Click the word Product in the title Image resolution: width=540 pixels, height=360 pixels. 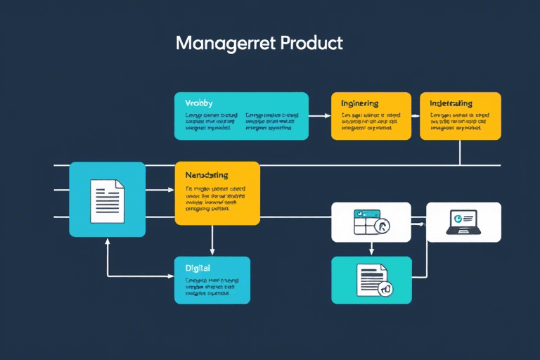(x=311, y=43)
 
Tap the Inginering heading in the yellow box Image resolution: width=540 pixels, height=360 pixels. (x=360, y=103)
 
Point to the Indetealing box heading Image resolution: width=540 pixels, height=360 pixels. (x=451, y=103)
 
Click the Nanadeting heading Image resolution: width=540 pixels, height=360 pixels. (x=206, y=174)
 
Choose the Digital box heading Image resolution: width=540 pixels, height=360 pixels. (x=198, y=268)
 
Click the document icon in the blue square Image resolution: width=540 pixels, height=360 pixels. (x=108, y=199)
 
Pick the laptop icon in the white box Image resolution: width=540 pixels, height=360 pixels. (x=462, y=221)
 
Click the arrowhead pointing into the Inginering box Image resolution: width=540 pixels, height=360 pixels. (x=327, y=115)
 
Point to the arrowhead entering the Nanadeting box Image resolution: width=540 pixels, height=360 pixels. (x=171, y=190)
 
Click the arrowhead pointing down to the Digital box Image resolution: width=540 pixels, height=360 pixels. (x=212, y=252)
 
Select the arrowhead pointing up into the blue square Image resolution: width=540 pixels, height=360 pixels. (x=108, y=240)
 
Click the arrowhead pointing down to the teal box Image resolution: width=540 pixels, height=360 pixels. (x=371, y=252)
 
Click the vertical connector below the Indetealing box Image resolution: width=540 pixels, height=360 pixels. (x=460, y=152)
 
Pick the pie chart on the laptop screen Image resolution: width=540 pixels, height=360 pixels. (x=458, y=218)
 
